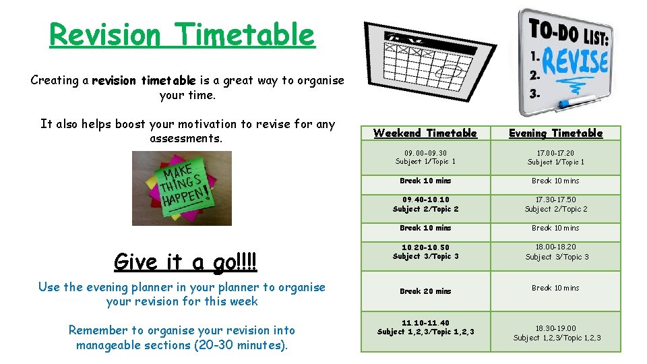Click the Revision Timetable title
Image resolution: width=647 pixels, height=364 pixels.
[182, 35]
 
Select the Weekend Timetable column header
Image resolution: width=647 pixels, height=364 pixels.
[425, 133]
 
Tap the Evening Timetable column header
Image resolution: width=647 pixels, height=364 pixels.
[555, 133]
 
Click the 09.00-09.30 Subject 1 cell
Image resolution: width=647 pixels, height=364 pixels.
[425, 157]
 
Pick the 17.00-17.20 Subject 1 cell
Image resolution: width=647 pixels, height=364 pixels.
[556, 157]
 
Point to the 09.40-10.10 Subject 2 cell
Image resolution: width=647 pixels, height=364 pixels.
[425, 204]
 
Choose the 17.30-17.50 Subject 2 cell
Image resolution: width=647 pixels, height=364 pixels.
[556, 204]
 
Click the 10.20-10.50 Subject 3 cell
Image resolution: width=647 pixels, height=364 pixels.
[425, 251]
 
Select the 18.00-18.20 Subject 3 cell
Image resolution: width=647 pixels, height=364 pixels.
[556, 251]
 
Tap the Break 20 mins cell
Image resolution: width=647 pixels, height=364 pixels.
[425, 291]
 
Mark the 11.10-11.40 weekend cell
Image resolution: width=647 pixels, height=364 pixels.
[425, 327]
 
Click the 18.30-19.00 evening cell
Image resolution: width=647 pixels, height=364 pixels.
[556, 333]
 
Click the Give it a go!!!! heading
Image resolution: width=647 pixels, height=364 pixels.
[186, 262]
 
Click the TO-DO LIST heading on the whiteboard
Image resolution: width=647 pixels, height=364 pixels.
[569, 31]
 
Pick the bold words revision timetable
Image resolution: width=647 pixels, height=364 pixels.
[144, 81]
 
